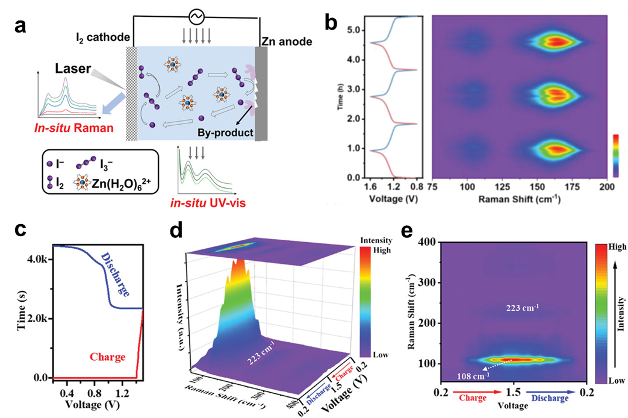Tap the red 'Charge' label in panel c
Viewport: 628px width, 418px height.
108,357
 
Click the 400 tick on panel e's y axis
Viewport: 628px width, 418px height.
427,241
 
